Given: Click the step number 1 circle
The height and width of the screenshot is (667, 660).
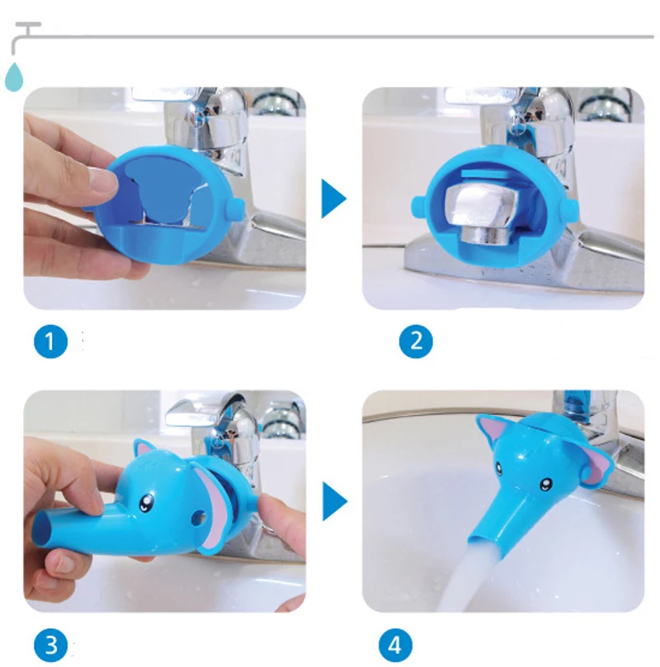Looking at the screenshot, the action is pos(50,341).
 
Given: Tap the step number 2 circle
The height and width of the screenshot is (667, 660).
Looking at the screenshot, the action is pos(416,341).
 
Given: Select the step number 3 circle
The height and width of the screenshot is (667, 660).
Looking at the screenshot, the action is pos(50,645).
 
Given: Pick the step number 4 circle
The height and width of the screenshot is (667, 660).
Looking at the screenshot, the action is pos(395,645).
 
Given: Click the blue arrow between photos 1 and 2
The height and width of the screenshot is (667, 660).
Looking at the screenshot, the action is pos(332,199).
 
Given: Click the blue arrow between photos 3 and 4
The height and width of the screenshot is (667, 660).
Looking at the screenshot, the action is pos(333,501).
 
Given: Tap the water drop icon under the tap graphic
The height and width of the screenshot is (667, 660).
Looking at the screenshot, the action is pos(14,77).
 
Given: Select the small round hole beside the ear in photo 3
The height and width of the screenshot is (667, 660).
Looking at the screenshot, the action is pos(198,517).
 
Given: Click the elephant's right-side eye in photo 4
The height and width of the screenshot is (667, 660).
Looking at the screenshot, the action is pos(545,484).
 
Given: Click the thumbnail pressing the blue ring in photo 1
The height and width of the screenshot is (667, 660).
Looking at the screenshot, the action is pos(102,184).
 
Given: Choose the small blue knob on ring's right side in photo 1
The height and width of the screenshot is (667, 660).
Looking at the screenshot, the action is pos(235,209).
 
